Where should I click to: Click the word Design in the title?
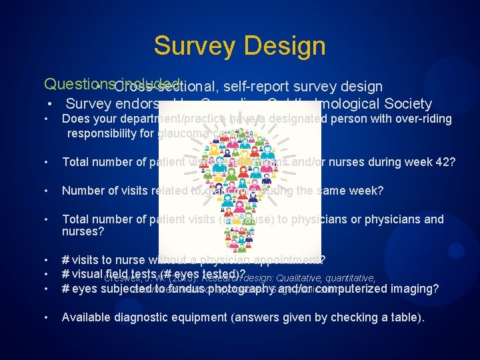tap(285, 46)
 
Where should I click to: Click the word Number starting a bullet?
tap(83, 191)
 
